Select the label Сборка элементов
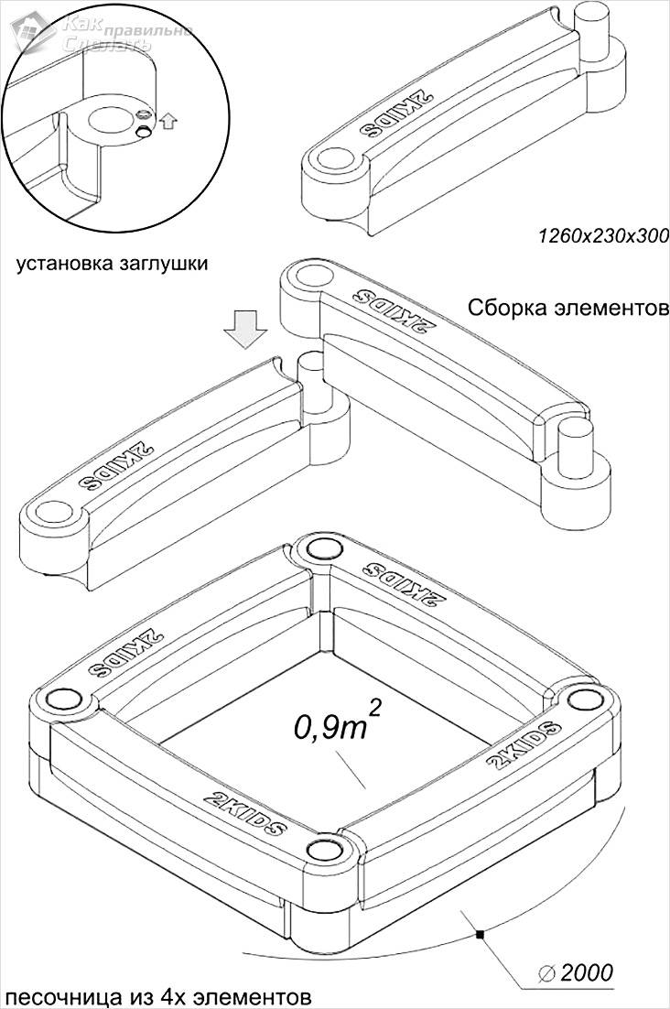point(567,308)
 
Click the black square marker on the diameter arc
point(479,934)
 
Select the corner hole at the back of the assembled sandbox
point(321,548)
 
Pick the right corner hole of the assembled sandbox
point(583,700)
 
